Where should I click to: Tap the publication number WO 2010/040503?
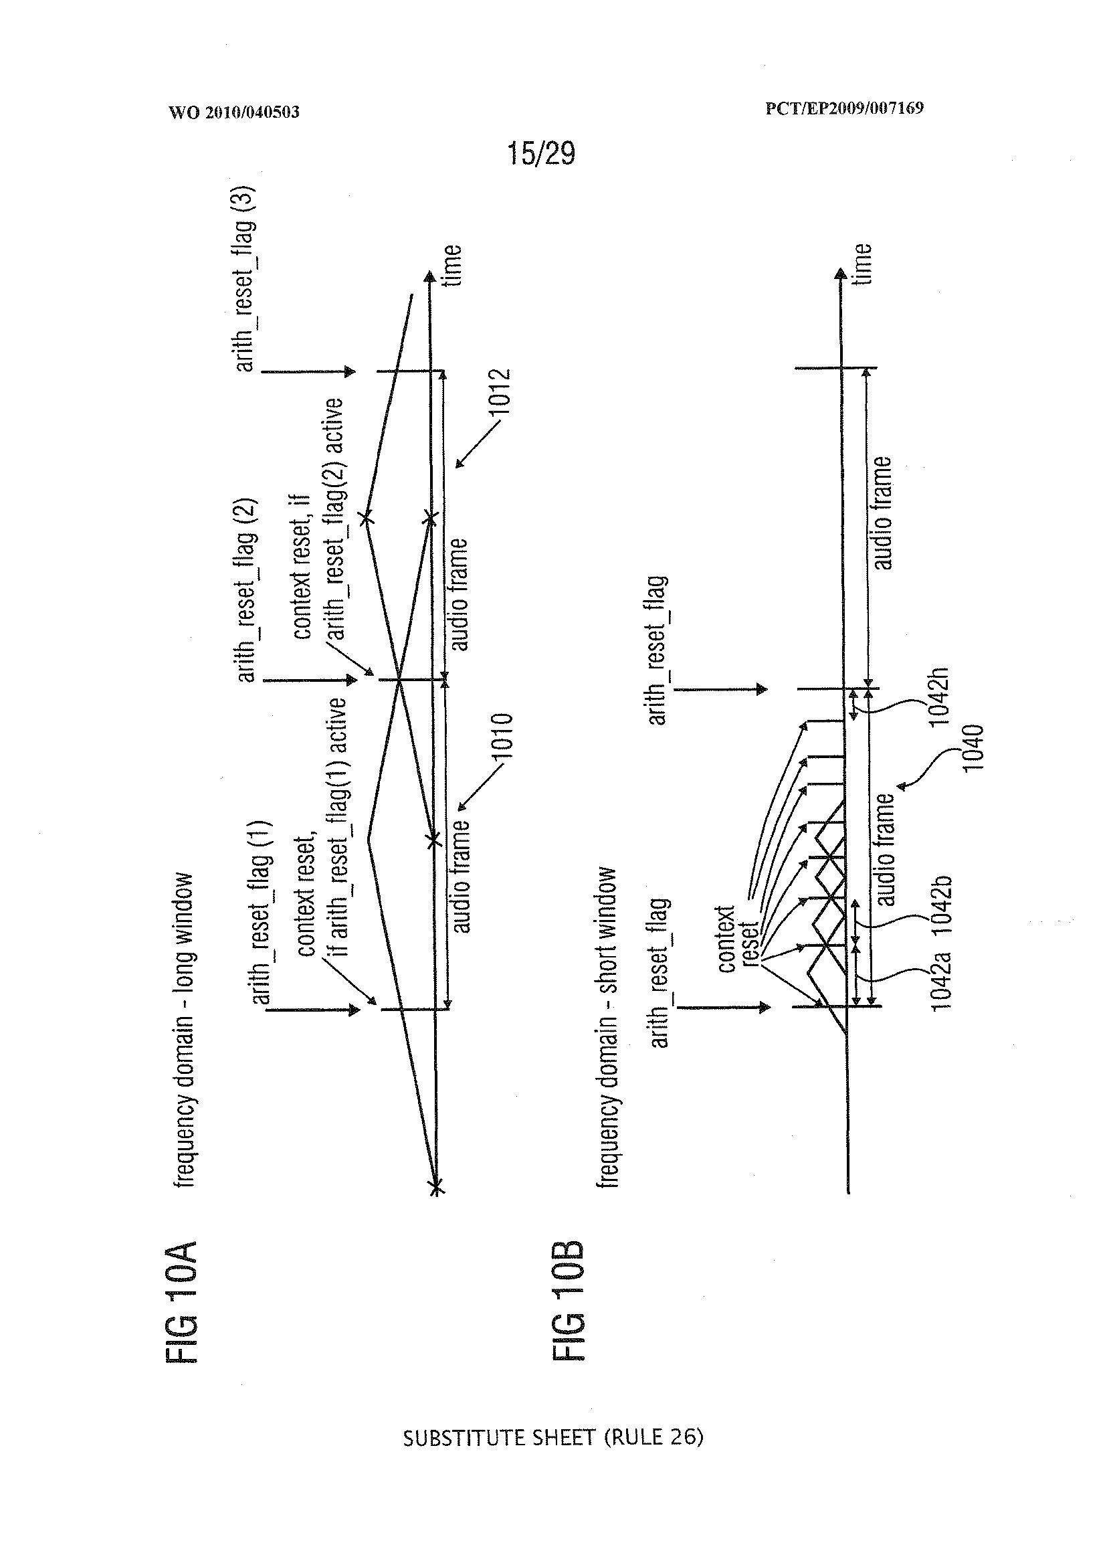(x=233, y=112)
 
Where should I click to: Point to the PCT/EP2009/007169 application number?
(x=844, y=108)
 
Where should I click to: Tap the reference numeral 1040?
(x=973, y=749)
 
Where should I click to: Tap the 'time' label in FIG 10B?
(x=862, y=263)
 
